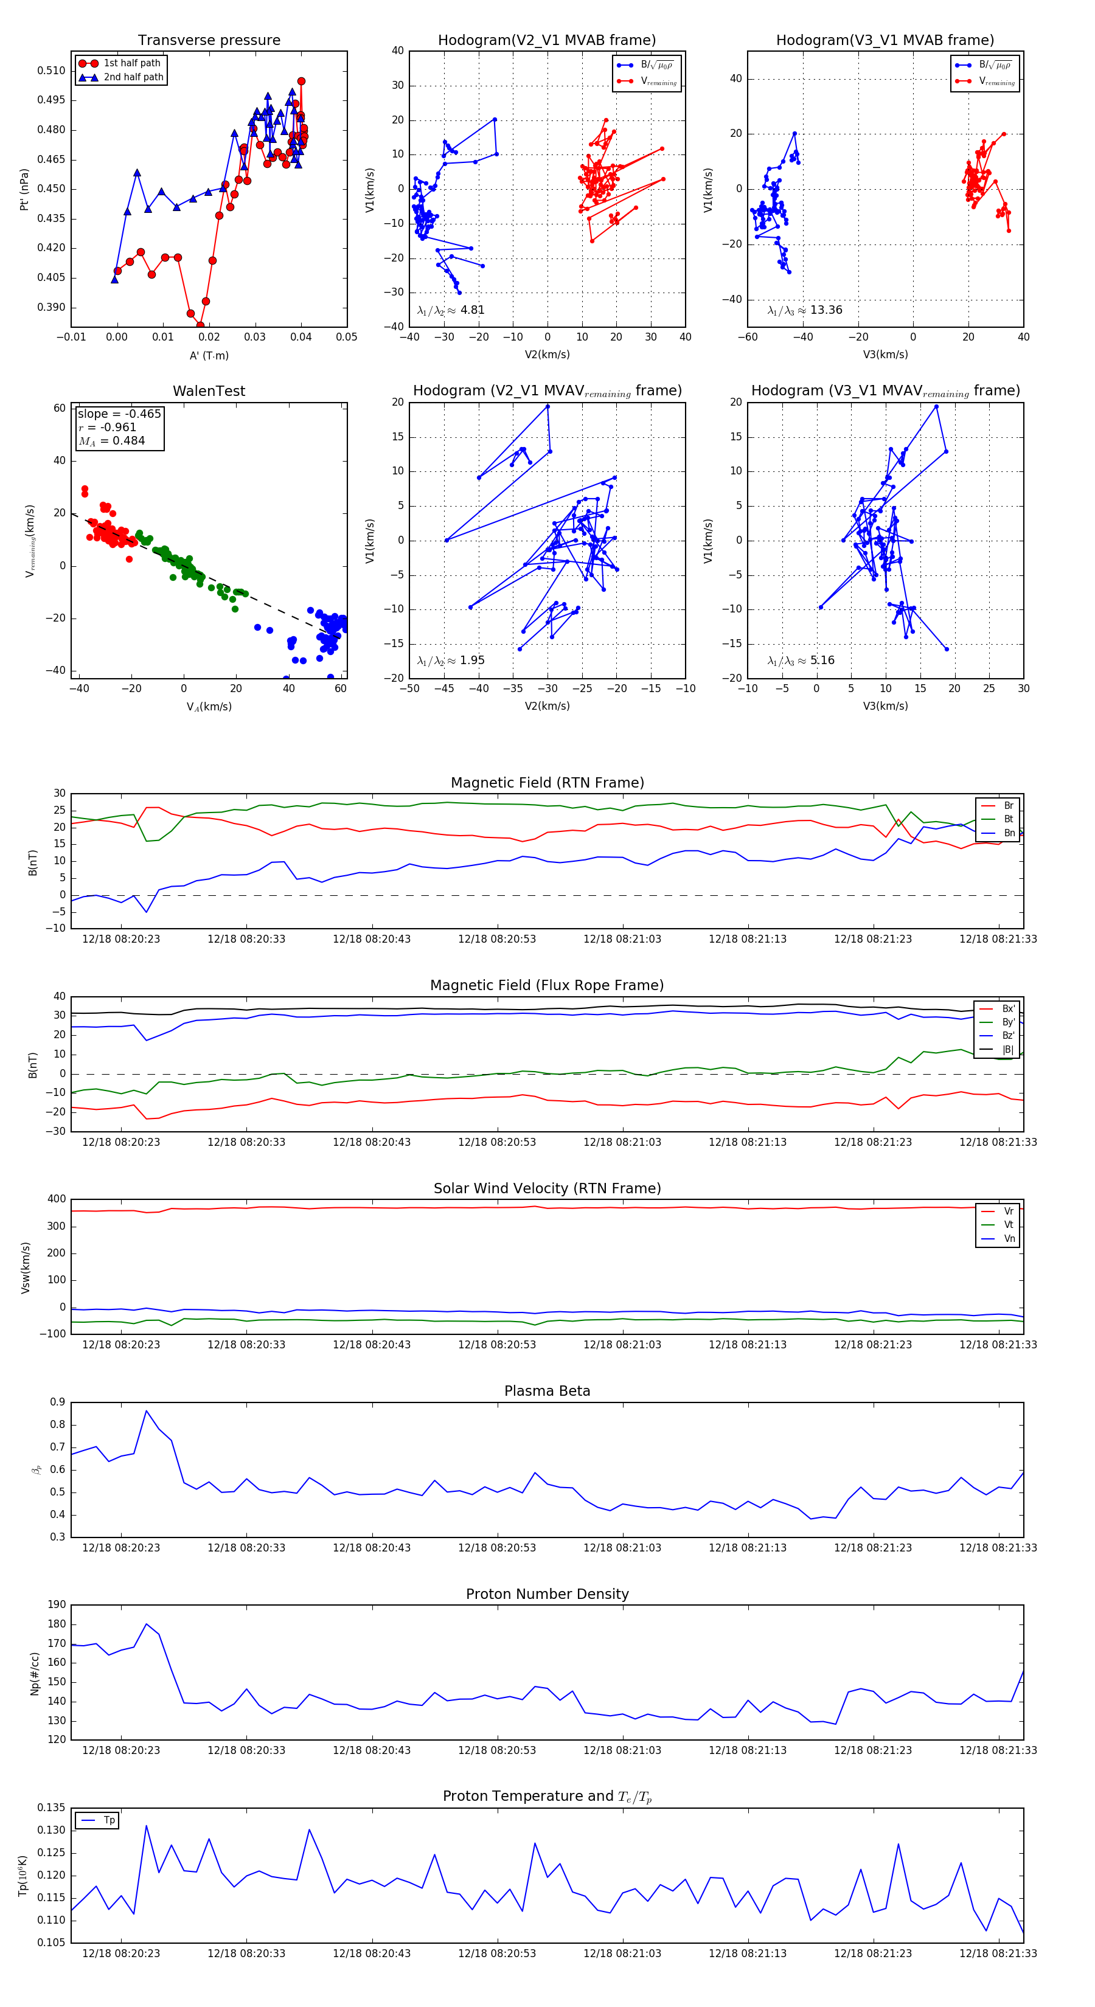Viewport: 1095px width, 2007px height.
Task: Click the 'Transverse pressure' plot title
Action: click(209, 41)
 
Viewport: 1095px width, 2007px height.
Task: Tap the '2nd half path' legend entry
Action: click(133, 77)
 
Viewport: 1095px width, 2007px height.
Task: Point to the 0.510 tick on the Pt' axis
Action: click(52, 71)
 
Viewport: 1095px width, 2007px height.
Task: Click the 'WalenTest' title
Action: click(209, 391)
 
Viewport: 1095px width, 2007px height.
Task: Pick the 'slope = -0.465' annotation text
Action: click(119, 414)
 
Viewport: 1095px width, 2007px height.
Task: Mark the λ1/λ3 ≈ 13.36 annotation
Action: click(804, 310)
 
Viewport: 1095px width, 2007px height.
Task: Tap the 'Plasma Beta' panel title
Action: click(547, 1392)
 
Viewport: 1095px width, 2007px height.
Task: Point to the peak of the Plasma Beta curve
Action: click(147, 1411)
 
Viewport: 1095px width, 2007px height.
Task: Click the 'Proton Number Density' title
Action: click(547, 1594)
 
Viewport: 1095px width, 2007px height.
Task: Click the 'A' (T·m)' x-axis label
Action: click(209, 356)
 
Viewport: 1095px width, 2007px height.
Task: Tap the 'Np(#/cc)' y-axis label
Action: click(34, 1674)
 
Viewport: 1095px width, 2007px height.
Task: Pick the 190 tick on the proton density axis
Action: click(57, 1605)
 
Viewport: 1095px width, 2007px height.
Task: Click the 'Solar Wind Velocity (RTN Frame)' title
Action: click(547, 1188)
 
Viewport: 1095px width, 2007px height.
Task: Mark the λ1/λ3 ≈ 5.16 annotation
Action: click(801, 660)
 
